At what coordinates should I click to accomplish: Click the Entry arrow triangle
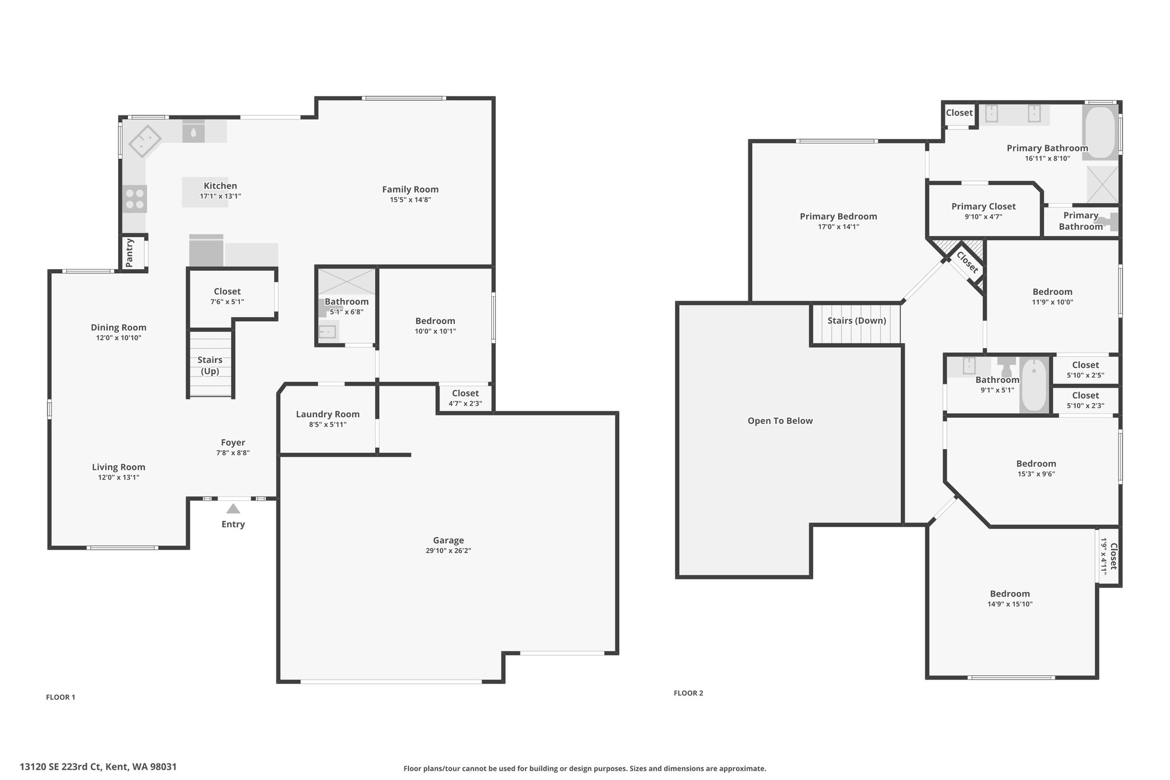[233, 509]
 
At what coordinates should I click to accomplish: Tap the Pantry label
[130, 253]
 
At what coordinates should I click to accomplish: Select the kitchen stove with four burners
[135, 199]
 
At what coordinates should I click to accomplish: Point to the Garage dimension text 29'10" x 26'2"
[448, 551]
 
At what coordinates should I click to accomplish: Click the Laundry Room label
[328, 414]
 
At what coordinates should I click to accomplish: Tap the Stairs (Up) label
[210, 365]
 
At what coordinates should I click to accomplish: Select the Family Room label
[410, 189]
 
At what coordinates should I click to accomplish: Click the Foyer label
[233, 442]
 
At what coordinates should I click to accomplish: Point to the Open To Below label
[780, 421]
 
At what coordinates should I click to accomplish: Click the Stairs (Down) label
[857, 321]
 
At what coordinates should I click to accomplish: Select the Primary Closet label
[984, 206]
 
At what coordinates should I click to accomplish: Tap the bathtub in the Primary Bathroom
[1101, 132]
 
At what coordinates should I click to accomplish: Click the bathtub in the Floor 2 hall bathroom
[1034, 384]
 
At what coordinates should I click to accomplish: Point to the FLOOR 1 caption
[61, 697]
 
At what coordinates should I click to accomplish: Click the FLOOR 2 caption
[688, 693]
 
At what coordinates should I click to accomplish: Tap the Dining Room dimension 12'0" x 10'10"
[119, 338]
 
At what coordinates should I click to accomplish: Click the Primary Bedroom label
[838, 216]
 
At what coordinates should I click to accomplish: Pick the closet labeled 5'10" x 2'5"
[1085, 369]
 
